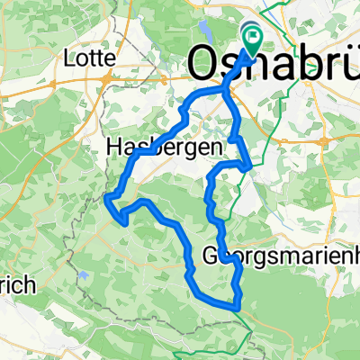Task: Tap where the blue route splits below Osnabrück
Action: coord(224,93)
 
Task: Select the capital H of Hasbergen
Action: coord(113,146)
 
